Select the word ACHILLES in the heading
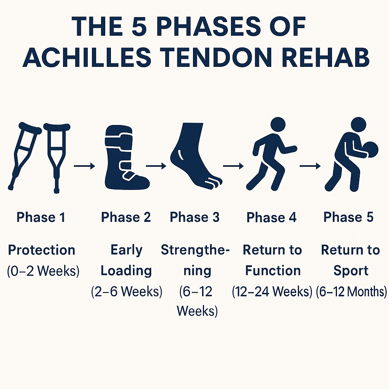coord(87,57)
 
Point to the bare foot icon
coord(196,156)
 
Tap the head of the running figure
coord(278,124)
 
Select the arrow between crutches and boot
coord(84,166)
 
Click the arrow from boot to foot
coord(156,166)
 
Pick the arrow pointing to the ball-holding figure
coord(310,166)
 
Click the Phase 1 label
coord(41,217)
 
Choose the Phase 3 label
coord(194,217)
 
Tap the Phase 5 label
coord(348,217)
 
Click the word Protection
coord(41,250)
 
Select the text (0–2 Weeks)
coord(43,270)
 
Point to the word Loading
coord(126,270)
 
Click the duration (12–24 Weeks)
coord(272,291)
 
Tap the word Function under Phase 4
coord(273,270)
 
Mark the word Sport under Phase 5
coord(351,270)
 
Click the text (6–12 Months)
coord(351,291)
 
